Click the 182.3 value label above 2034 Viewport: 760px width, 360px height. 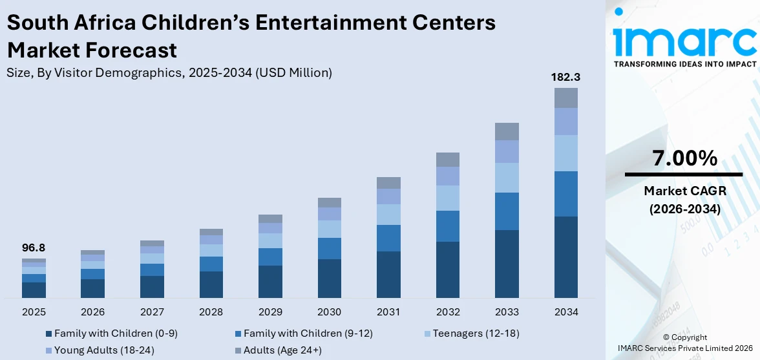click(565, 77)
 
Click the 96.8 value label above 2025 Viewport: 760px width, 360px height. click(34, 248)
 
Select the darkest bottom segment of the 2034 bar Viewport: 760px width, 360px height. click(565, 257)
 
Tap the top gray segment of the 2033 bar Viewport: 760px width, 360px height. click(507, 131)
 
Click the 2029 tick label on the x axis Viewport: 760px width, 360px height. click(270, 312)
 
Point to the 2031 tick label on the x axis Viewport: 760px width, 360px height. click(388, 312)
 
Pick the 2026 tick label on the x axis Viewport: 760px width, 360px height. click(93, 312)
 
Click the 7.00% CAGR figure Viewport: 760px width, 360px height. click(684, 158)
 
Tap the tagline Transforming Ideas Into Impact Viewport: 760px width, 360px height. click(684, 64)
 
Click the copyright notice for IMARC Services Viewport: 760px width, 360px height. click(684, 343)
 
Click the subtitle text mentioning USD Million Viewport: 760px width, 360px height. click(169, 73)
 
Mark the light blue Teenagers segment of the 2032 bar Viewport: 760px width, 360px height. click(447, 198)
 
